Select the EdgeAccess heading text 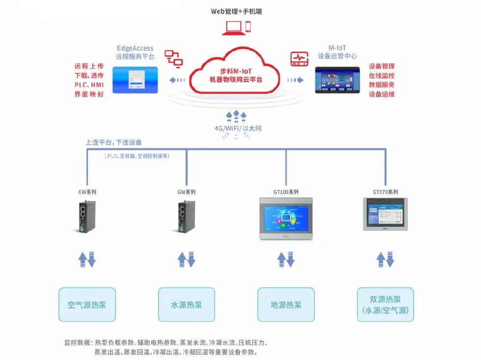[135, 48]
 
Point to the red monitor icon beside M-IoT [298, 58]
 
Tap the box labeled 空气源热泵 [87, 305]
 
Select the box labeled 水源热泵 [186, 305]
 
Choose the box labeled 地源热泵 [286, 305]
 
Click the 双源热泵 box [385, 305]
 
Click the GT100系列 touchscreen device [286, 218]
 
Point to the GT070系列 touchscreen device [385, 214]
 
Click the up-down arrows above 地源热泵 [286, 259]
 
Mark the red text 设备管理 [381, 66]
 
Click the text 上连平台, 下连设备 [114, 142]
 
